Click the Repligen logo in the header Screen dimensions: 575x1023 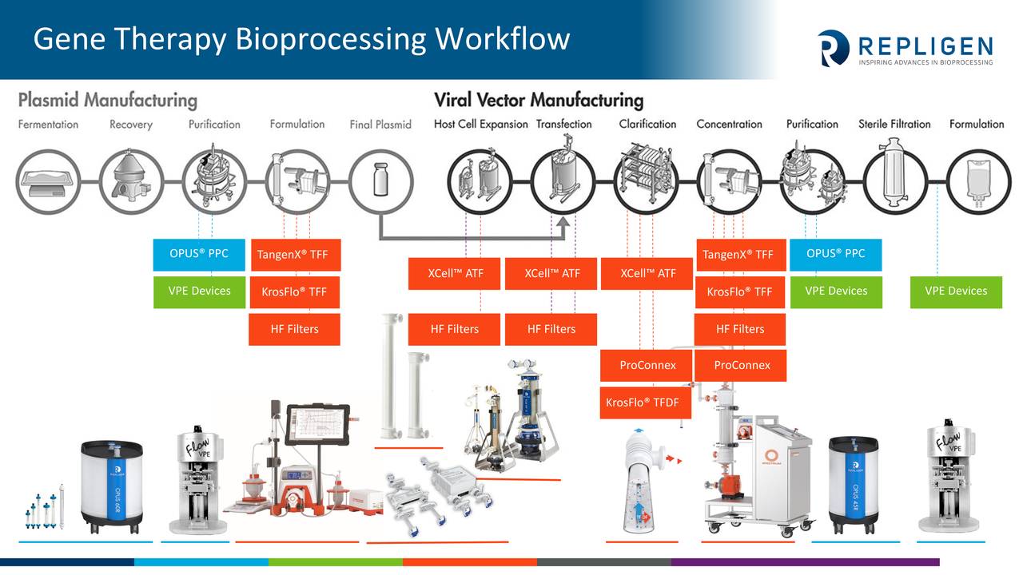tap(905, 47)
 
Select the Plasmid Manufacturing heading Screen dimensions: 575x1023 tap(107, 100)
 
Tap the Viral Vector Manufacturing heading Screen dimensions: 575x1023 tap(538, 100)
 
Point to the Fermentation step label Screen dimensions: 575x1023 tap(48, 125)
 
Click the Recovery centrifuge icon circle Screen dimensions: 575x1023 tap(130, 182)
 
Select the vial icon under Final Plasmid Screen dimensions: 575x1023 tap(381, 182)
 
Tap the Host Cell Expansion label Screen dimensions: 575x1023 tap(480, 125)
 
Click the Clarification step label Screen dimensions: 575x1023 tap(647, 125)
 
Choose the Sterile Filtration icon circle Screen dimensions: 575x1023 tap(894, 182)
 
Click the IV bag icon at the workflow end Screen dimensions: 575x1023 tap(977, 182)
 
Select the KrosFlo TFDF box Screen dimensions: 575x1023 tap(642, 402)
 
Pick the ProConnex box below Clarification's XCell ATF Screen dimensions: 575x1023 tap(647, 366)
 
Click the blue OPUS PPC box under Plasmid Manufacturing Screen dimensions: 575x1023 tap(199, 254)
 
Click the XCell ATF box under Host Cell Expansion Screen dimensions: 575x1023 tap(455, 273)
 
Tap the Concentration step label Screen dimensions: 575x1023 tap(729, 125)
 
